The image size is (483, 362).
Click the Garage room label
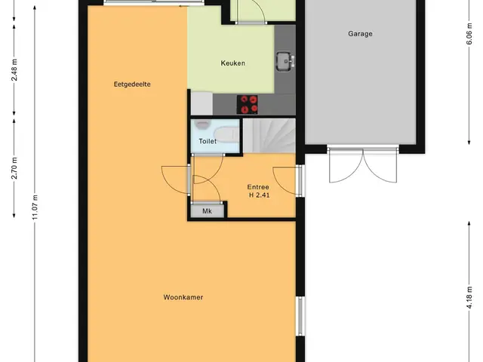point(360,33)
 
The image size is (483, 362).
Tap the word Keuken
point(233,63)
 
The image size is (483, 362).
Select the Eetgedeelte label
point(132,84)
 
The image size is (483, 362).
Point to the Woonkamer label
point(183,297)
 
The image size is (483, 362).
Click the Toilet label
point(208,141)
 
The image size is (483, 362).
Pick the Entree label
point(258,187)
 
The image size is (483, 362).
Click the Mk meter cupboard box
point(208,211)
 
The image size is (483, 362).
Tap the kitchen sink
point(285,61)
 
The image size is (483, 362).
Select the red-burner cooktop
point(248,104)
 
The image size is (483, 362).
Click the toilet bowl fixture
point(226,134)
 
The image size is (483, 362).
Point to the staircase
point(269,136)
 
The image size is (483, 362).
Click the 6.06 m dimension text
point(469,34)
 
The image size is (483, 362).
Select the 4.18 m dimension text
point(469,297)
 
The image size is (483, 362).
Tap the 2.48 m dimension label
point(14,69)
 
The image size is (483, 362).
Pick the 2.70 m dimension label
point(14,167)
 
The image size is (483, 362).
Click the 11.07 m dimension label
point(35,207)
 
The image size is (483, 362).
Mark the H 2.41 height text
point(260,195)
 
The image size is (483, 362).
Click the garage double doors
point(363,165)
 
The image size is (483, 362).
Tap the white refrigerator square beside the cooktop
point(202,103)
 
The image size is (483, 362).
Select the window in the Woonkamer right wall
point(300,316)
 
